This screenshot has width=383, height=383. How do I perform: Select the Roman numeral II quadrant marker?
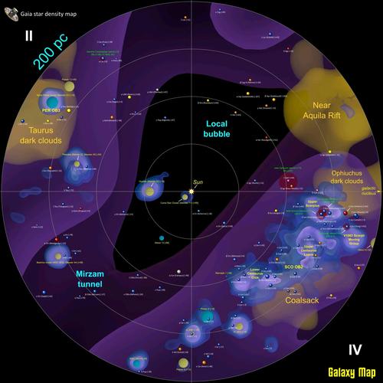click(28, 36)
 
